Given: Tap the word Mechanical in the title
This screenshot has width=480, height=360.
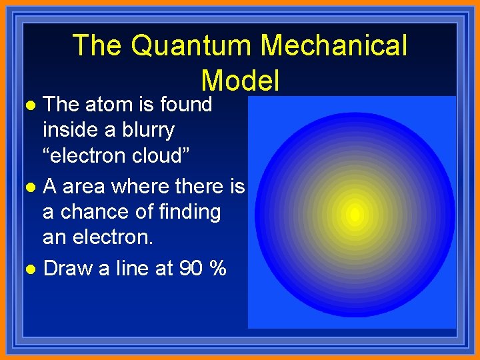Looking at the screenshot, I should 333,45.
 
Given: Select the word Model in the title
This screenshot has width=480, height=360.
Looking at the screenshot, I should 240,80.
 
